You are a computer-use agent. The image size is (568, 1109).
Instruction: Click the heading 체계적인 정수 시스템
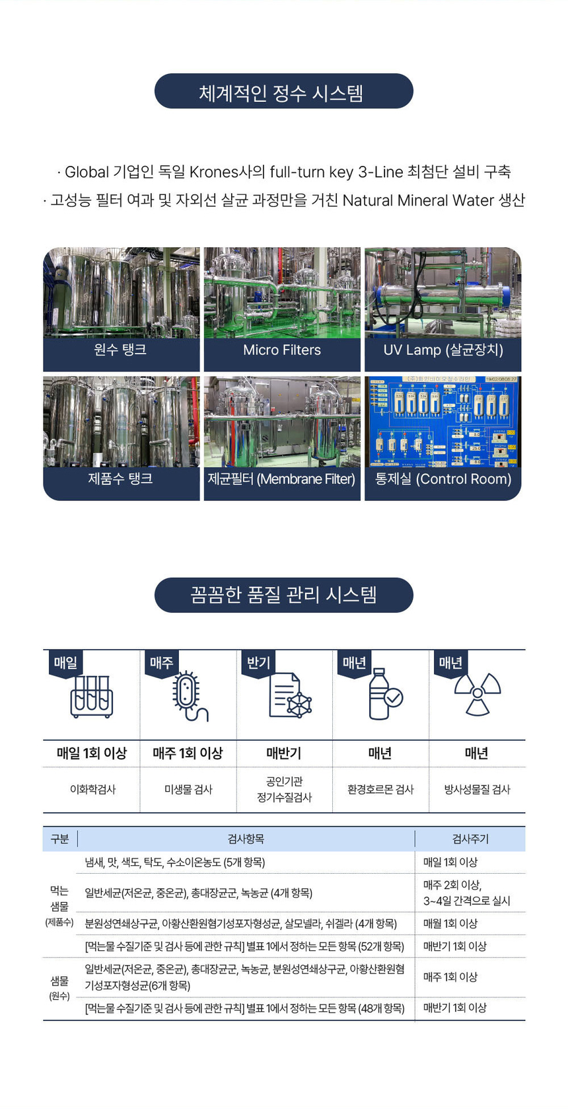click(x=283, y=92)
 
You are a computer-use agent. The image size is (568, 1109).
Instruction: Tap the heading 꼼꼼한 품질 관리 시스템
click(x=283, y=595)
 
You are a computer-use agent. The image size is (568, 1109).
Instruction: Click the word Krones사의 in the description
click(x=227, y=172)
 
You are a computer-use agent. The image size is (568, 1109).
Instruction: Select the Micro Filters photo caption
click(x=282, y=350)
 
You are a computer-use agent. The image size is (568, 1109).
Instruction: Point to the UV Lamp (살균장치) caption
click(x=443, y=350)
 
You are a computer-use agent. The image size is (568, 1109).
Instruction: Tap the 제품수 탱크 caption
click(x=120, y=478)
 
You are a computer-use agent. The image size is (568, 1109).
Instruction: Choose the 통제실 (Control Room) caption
click(x=443, y=479)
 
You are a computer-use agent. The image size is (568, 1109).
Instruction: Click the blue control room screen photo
click(x=443, y=422)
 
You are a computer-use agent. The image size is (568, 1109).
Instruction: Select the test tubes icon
click(x=92, y=697)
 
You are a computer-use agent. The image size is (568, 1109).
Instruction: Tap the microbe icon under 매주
click(x=188, y=697)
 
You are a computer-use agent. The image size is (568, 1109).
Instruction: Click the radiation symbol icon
click(x=477, y=695)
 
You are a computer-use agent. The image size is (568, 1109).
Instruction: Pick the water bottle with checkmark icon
click(x=383, y=695)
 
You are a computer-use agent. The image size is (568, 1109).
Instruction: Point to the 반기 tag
click(x=258, y=663)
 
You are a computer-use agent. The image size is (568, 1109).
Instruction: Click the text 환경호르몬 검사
click(x=380, y=789)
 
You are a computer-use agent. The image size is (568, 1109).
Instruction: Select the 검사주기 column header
click(x=470, y=839)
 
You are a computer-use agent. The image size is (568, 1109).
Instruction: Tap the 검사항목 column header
click(x=246, y=839)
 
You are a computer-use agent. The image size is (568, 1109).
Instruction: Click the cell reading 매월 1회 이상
click(x=450, y=923)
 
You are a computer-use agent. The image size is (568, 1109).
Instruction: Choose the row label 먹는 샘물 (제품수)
click(x=59, y=906)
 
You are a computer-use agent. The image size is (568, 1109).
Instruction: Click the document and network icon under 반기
click(x=290, y=696)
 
